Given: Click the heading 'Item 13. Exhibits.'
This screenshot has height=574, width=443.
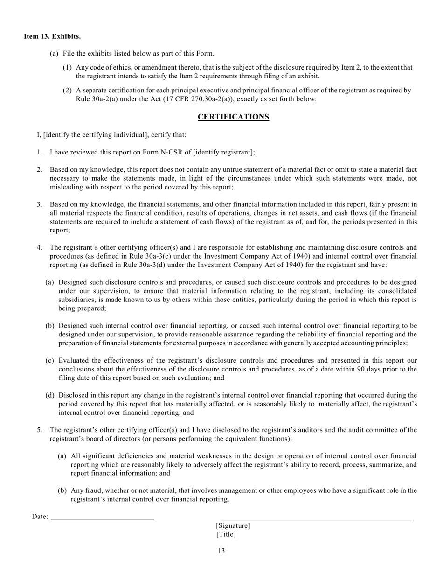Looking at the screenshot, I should (x=52, y=36).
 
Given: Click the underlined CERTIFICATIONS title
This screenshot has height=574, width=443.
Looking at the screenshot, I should (x=233, y=117).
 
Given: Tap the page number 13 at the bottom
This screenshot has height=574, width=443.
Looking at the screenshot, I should (x=221, y=551).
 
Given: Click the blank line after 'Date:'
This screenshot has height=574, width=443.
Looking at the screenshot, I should (x=102, y=517).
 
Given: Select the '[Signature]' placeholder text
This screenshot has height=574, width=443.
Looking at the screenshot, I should (x=233, y=526).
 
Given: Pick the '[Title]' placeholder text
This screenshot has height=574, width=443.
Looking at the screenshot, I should (x=226, y=534).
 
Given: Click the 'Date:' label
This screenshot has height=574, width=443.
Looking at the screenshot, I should (x=40, y=517).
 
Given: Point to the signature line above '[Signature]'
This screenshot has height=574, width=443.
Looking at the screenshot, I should (x=317, y=519).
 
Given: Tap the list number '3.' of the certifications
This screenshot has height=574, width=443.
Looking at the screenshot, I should (x=40, y=204).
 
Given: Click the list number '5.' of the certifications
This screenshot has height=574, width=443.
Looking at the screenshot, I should (x=40, y=430).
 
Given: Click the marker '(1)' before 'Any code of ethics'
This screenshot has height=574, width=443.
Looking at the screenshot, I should (x=67, y=67).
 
